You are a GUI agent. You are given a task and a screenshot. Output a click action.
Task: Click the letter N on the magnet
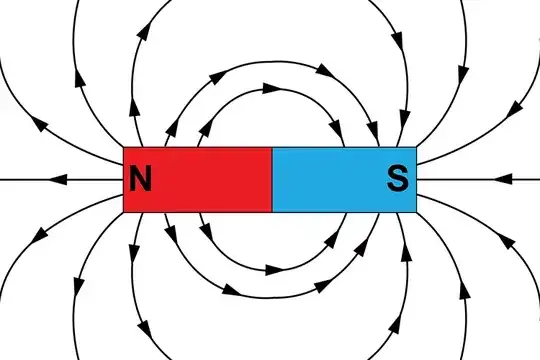(141, 180)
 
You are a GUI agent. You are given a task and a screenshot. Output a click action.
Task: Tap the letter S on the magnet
(397, 180)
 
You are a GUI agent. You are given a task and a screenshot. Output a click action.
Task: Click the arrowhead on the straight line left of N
(60, 180)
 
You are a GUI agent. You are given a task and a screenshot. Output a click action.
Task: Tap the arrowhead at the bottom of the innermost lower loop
(271, 269)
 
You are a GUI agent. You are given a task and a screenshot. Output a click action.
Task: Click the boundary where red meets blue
(272, 180)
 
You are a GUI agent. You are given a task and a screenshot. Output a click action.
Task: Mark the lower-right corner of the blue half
(416, 212)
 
